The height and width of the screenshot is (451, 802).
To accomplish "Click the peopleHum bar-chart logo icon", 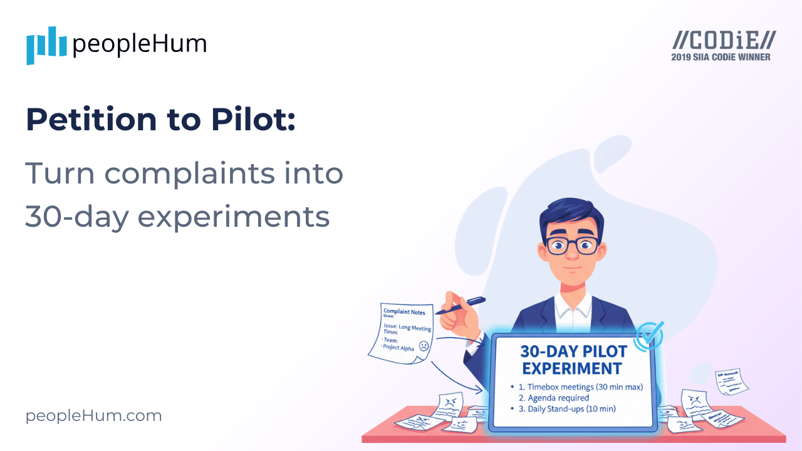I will click(x=46, y=45).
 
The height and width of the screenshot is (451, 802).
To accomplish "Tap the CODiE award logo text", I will click(x=724, y=41).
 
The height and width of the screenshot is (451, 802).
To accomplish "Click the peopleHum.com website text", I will click(x=93, y=415).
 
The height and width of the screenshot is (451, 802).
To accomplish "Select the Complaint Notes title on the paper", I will click(x=404, y=312).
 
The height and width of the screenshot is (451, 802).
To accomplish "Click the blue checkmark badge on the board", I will click(x=649, y=336).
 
